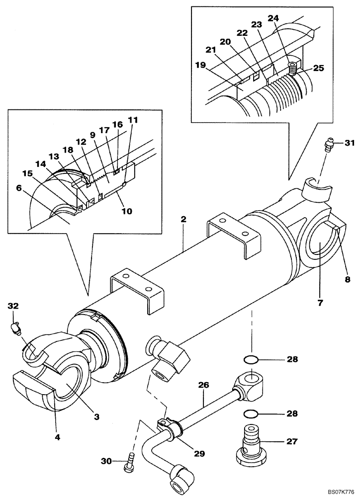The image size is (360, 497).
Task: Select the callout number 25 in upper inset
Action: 318,68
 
